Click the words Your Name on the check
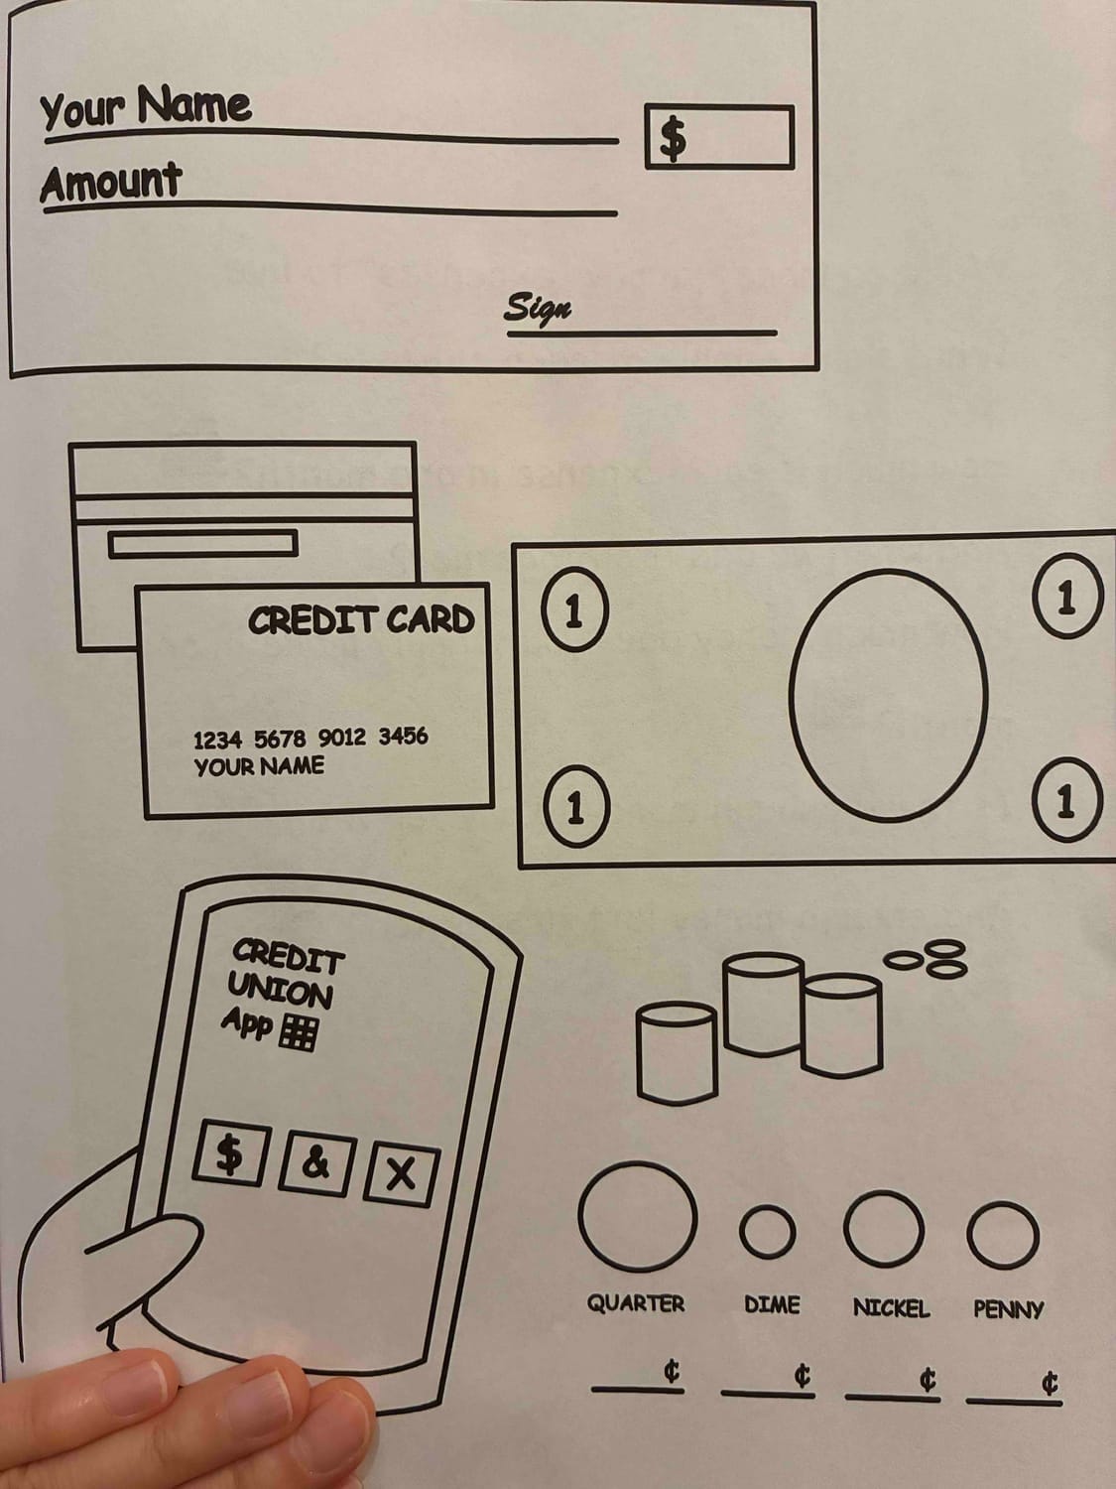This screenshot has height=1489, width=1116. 145,106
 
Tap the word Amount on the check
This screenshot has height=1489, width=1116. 111,183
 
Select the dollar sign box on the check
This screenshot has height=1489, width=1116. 718,137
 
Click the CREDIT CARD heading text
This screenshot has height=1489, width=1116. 361,620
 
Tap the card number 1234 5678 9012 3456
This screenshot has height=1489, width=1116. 310,738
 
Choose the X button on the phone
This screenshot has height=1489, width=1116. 400,1175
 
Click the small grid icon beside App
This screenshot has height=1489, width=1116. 299,1033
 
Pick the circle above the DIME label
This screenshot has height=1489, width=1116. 768,1232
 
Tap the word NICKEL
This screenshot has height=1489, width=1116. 891,1308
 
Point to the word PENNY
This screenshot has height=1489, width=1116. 1008,1309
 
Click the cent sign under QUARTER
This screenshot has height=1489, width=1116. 672,1373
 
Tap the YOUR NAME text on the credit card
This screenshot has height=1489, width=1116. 259,766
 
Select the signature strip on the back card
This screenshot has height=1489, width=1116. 202,543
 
